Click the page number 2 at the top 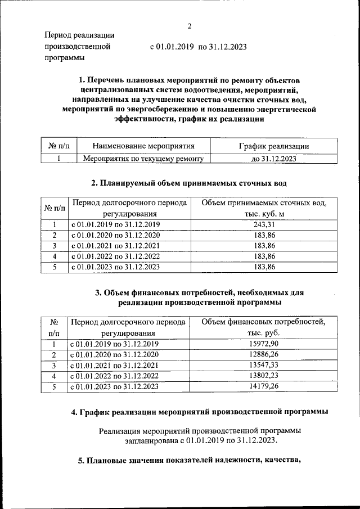[190, 26]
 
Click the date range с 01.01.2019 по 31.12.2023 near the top [198, 47]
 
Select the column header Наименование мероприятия [143, 146]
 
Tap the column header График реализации [273, 146]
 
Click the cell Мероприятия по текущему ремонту [143, 159]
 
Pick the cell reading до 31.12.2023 [273, 159]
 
